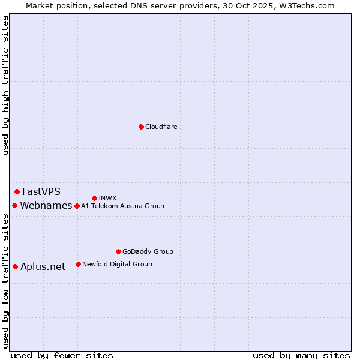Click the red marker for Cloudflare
point(141,127)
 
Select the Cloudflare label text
point(161,127)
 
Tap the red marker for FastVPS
point(17,191)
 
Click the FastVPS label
point(41,192)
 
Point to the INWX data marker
point(94,198)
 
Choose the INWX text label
point(107,198)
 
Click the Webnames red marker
point(14,205)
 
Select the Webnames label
point(46,206)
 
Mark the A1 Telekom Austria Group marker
point(77,206)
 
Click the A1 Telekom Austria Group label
point(122,206)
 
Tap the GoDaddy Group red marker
point(118,251)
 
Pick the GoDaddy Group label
point(148,252)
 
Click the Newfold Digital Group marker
point(78,264)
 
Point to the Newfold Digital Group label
point(117,264)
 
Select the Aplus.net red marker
point(15,266)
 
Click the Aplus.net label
point(43,267)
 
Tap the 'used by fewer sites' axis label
point(62,355)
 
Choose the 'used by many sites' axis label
point(301,355)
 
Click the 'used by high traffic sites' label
point(5,85)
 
